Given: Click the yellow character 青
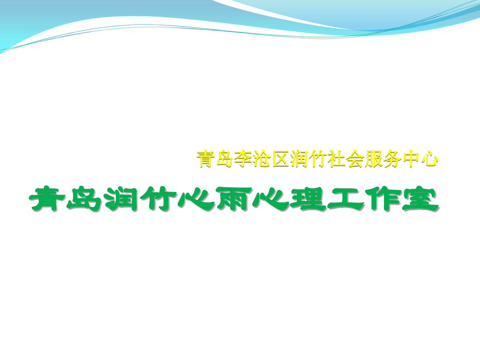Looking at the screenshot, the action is tap(206, 159).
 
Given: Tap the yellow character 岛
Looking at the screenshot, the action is tap(224, 159).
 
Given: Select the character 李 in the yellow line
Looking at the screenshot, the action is tap(243, 159).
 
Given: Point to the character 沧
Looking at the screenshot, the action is tap(262, 159).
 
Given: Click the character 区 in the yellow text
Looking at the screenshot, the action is tap(280, 159).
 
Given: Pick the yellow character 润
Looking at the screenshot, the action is tap(299, 159).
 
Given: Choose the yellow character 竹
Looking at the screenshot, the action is tap(318, 159).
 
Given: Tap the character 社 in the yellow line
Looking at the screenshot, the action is tap(337, 159).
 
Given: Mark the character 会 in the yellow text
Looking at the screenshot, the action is tap(355, 159).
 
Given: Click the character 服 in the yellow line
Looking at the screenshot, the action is tap(374, 159).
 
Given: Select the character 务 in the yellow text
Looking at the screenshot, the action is tap(392, 159).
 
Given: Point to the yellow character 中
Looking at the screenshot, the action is tap(411, 159).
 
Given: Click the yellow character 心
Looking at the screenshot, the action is tap(429, 159).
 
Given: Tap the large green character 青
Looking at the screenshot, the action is tap(47, 198).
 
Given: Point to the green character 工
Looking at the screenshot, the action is tap(345, 198).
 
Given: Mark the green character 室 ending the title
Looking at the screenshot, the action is tap(421, 198).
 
